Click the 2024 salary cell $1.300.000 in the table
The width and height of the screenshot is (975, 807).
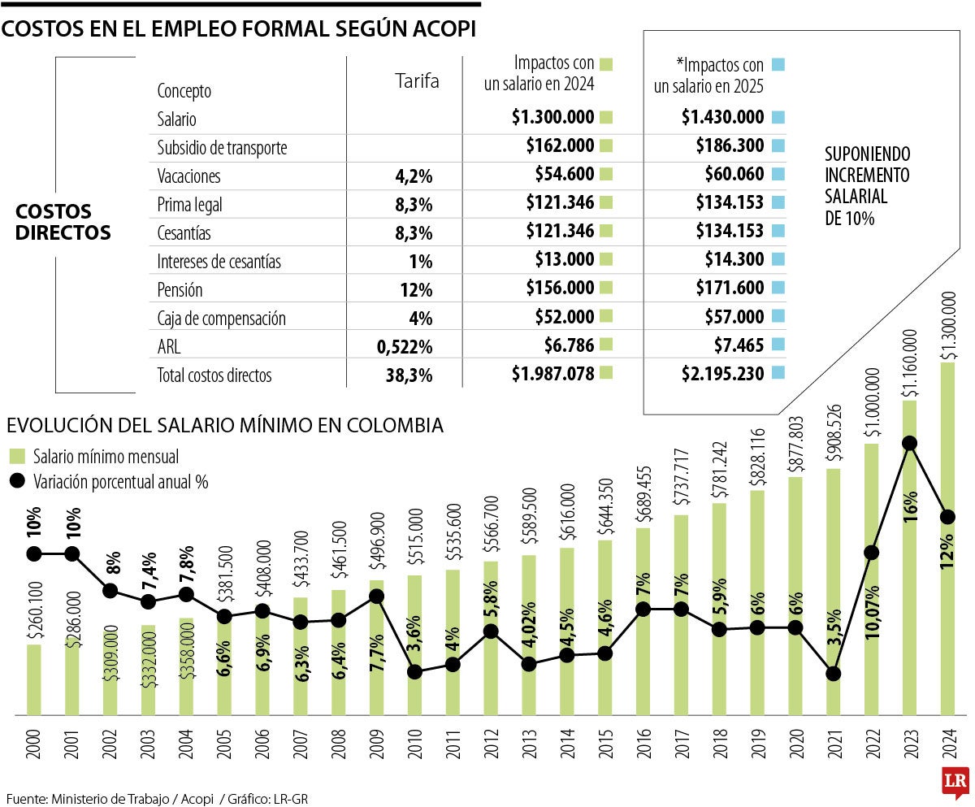(x=552, y=117)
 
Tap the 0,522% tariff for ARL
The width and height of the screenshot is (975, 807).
(x=404, y=347)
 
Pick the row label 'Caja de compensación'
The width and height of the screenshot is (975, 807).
(x=221, y=319)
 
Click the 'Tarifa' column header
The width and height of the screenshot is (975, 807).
(x=416, y=80)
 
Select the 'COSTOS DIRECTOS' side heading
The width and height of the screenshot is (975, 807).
(x=63, y=222)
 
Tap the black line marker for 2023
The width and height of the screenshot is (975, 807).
(x=910, y=443)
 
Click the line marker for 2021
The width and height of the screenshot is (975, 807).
(x=832, y=674)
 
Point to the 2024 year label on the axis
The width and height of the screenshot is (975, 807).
(x=947, y=742)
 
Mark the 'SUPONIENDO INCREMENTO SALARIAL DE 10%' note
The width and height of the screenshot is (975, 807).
(x=867, y=185)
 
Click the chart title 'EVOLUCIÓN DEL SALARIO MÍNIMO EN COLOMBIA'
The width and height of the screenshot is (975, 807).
(x=225, y=425)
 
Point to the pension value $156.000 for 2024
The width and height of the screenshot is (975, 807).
(x=565, y=290)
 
